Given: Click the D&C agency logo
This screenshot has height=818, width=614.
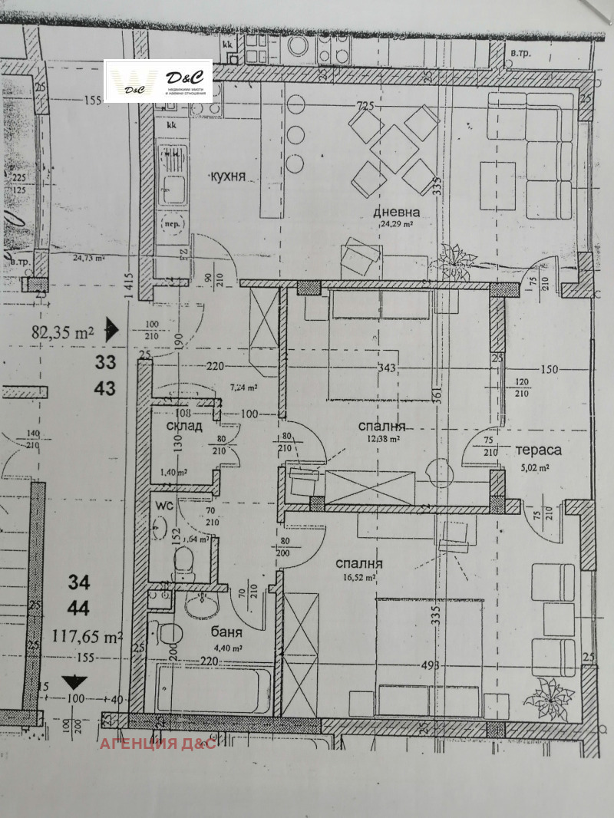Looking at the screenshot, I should click(157, 82).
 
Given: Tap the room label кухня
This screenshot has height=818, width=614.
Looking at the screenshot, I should click(228, 176).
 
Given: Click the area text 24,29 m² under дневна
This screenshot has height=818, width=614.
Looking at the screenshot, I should click(397, 226).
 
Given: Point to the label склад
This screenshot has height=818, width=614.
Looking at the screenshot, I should click(183, 426).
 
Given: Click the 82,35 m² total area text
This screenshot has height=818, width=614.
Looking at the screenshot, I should click(62, 333).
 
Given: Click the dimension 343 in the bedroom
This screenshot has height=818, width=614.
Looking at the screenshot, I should click(388, 368).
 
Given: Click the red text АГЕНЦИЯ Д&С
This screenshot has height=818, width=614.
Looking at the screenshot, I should click(158, 745).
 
